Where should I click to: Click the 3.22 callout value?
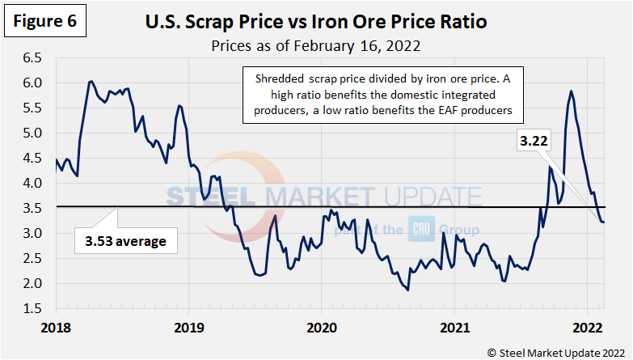point(535,141)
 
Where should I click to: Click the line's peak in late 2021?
point(571,91)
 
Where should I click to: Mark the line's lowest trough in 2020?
point(407,289)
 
